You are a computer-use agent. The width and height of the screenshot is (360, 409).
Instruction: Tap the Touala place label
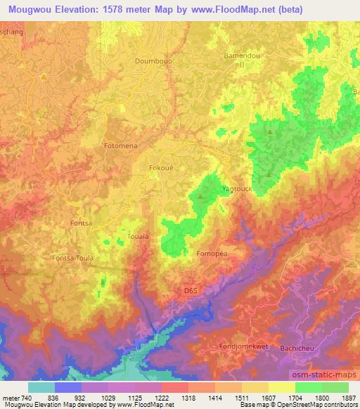[139, 237]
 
